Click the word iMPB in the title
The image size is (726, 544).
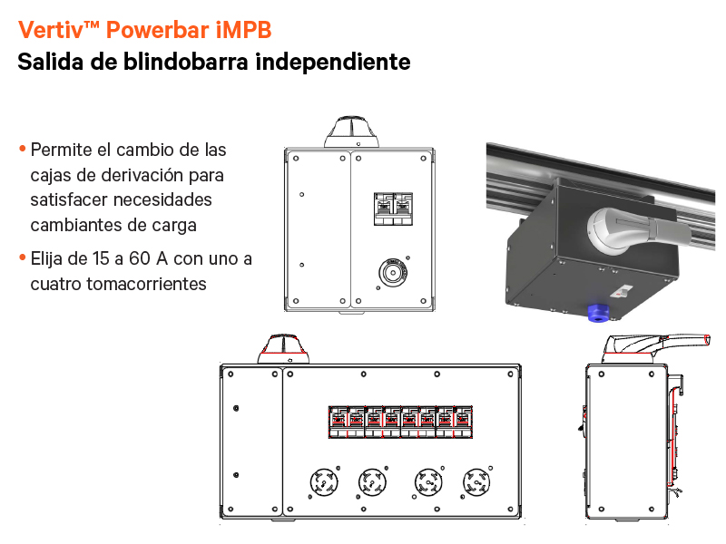pos(244,30)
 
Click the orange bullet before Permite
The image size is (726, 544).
pos(22,149)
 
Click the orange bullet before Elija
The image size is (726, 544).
pos(22,258)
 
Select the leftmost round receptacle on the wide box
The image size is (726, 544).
pos(324,481)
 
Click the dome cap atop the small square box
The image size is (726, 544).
pos(349,131)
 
